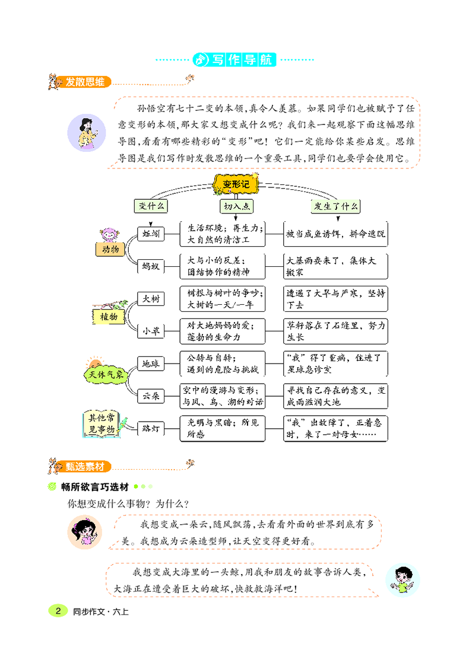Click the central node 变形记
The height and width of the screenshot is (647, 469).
[x=235, y=184]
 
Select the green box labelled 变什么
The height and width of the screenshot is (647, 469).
[x=151, y=206]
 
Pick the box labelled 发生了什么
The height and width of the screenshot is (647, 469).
[x=336, y=206]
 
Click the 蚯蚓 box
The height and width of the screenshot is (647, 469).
[x=151, y=234]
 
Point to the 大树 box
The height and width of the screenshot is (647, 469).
[x=151, y=299]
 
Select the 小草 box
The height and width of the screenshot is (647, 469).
[x=151, y=332]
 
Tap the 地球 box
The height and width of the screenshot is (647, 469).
[x=151, y=364]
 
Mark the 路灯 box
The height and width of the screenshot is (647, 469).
[x=151, y=428]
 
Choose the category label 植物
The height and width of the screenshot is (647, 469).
[x=109, y=316]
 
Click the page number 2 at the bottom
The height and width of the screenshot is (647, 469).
[x=58, y=611]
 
